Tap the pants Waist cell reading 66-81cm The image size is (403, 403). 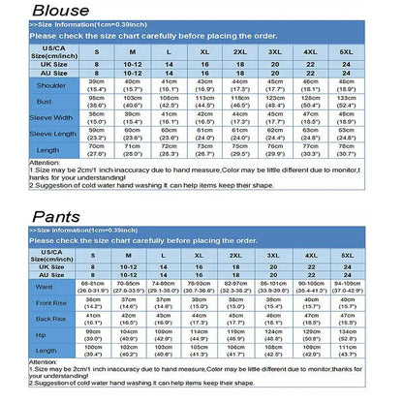point(93,288)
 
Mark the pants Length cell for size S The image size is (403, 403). point(93,351)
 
